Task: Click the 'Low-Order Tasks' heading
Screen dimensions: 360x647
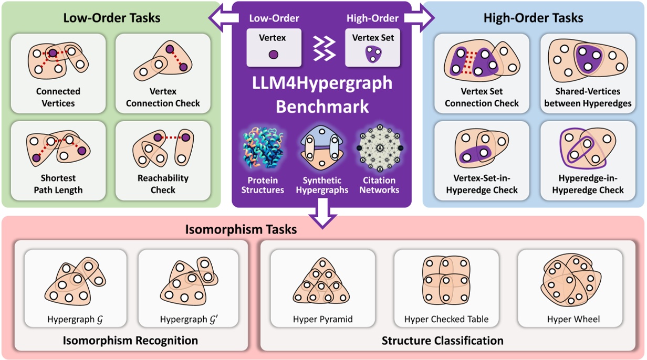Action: (111, 18)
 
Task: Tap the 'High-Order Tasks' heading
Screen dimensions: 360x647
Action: (533, 18)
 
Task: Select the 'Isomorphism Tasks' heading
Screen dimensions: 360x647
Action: (241, 229)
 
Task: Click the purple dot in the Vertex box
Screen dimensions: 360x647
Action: (274, 54)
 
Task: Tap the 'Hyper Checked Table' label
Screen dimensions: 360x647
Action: (446, 319)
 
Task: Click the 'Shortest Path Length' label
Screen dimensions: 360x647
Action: (58, 184)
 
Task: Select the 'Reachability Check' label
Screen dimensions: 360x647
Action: (163, 184)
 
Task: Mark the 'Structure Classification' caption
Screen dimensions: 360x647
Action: (442, 341)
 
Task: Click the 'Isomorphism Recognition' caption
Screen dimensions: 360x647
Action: (130, 341)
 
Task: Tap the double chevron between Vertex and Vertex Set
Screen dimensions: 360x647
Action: (323, 49)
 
